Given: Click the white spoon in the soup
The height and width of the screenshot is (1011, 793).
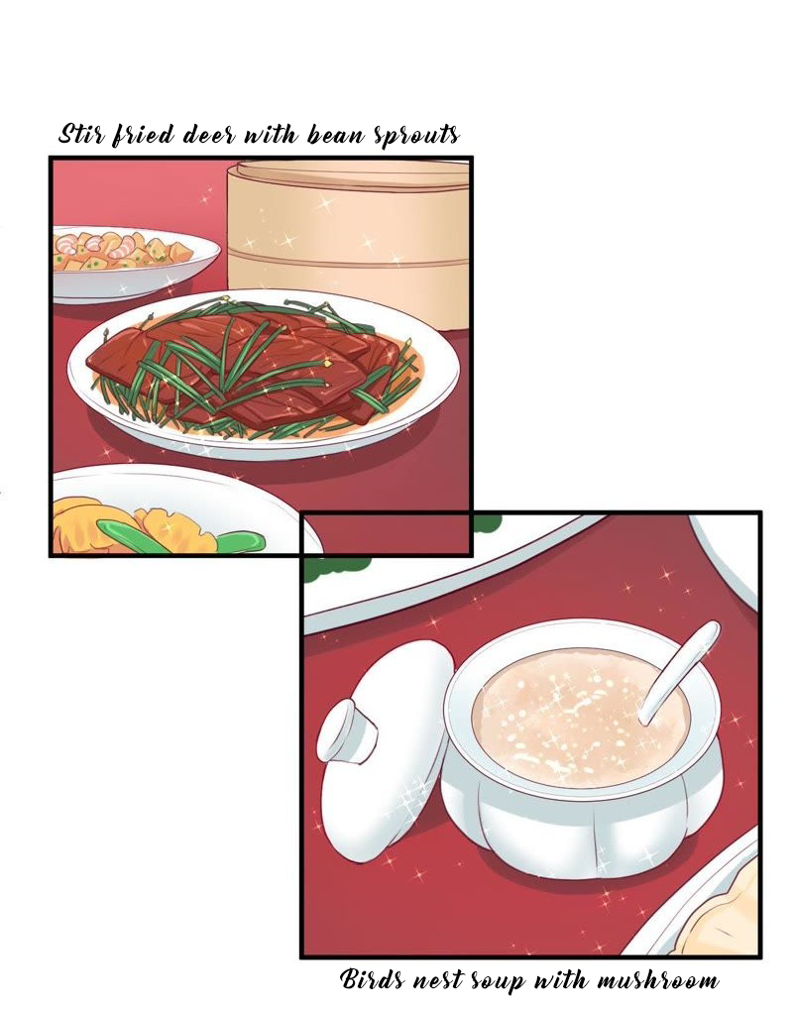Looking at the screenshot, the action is pos(678,671).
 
